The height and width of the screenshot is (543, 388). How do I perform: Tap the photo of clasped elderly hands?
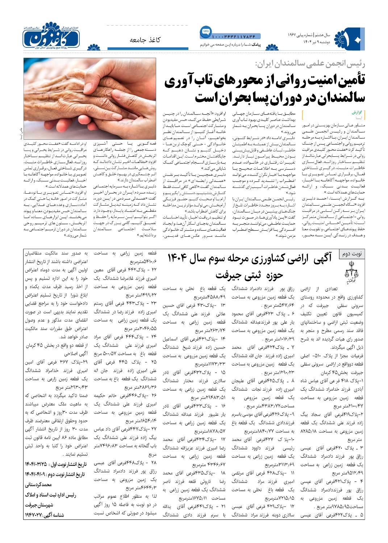pyautogui.click(x=91, y=98)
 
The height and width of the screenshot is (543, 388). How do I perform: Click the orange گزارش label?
pyautogui.click(x=357, y=113)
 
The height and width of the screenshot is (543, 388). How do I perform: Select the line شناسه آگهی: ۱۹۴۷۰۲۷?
pyautogui.click(x=45, y=514)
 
